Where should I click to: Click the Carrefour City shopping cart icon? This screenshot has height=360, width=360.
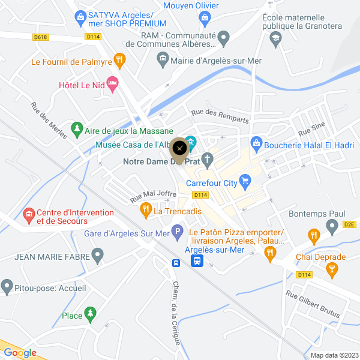pyautogui.click(x=245, y=180)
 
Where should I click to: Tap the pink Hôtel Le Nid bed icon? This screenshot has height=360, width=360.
pyautogui.click(x=112, y=82)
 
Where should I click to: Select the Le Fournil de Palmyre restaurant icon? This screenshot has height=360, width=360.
pyautogui.click(x=120, y=59)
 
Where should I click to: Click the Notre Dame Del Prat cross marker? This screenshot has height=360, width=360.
pyautogui.click(x=208, y=160)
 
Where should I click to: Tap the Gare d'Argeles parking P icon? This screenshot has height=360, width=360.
pyautogui.click(x=177, y=230)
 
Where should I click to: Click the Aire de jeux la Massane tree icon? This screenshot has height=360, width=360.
pyautogui.click(x=76, y=128)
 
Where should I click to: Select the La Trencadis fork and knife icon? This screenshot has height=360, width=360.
pyautogui.click(x=145, y=209)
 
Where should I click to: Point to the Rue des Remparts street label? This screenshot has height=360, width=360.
pyautogui.click(x=220, y=115)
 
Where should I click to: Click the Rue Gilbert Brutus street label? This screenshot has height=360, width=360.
pyautogui.click(x=313, y=304)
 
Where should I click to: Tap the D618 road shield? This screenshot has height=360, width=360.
pyautogui.click(x=40, y=37)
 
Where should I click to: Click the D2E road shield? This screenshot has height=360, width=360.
pyautogui.click(x=350, y=224)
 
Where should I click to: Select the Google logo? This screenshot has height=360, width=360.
pyautogui.click(x=20, y=353)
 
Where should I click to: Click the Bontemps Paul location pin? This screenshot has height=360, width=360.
pyautogui.click(x=332, y=226)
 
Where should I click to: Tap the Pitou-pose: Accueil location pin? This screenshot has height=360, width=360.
pyautogui.click(x=7, y=286)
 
